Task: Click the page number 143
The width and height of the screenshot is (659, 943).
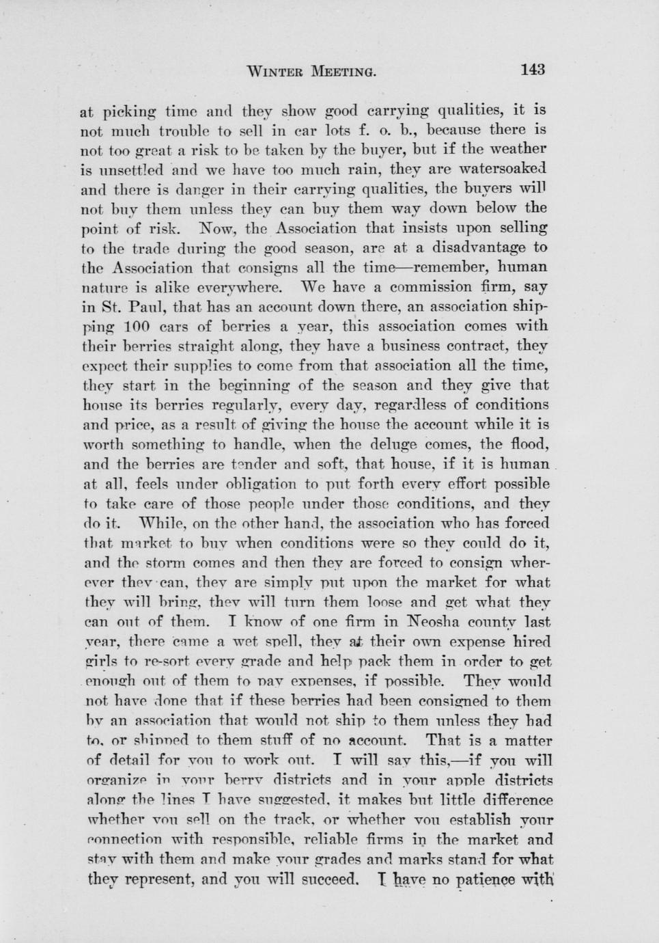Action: (x=532, y=69)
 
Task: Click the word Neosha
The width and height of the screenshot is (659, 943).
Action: (x=443, y=623)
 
